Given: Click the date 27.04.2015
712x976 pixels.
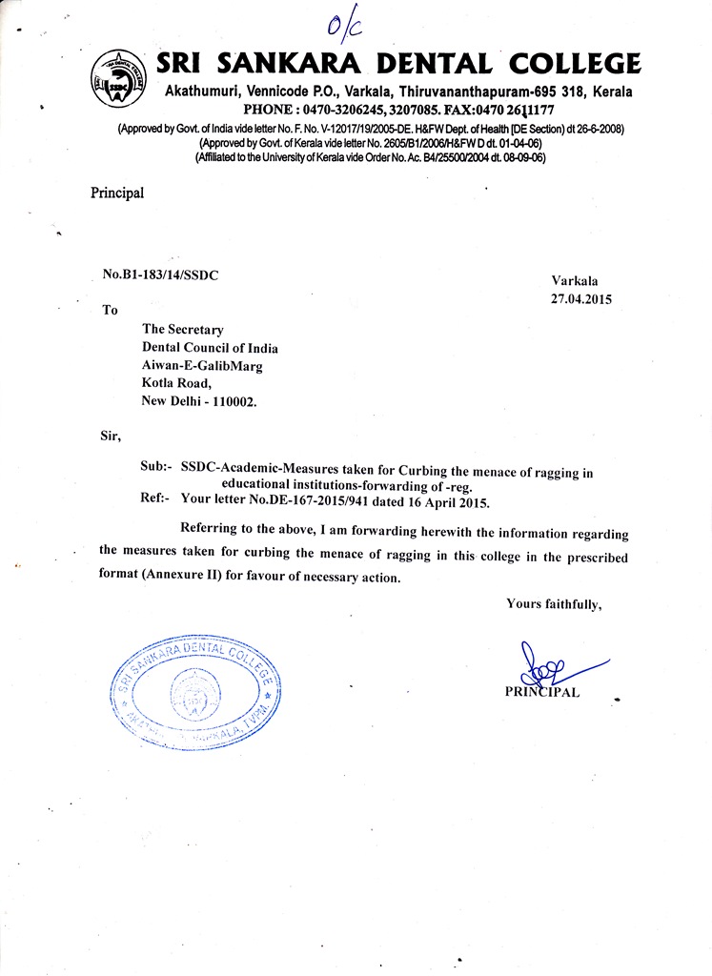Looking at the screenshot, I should [580, 298].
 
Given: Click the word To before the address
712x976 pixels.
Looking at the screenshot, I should [110, 310].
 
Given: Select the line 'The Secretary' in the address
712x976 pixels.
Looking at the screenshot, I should [182, 330].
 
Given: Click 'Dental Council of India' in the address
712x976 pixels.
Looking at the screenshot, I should [210, 348].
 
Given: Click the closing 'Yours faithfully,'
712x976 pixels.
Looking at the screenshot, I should [554, 603].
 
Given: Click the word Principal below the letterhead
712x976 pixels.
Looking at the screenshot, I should [117, 193].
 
